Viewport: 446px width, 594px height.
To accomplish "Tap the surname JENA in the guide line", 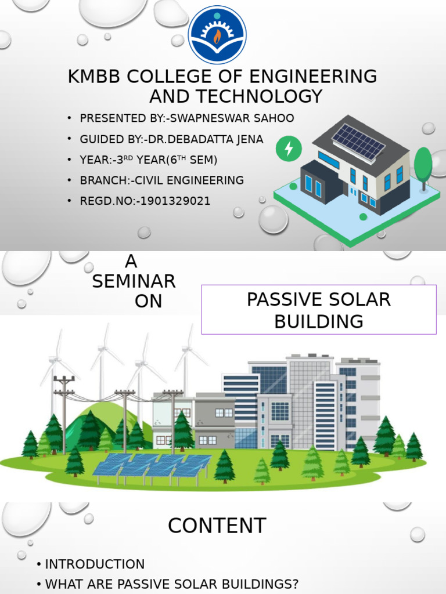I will [250, 139].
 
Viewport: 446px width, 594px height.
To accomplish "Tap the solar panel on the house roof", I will [358, 142].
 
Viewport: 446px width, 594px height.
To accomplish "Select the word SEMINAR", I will [134, 282].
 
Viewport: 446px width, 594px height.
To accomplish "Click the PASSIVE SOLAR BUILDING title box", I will [319, 310].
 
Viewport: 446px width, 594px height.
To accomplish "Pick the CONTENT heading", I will [217, 526].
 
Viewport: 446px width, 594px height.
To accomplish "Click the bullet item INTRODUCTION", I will [95, 564].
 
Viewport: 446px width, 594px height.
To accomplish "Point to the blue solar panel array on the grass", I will [153, 466].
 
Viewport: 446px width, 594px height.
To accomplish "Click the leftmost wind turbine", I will [56, 363].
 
